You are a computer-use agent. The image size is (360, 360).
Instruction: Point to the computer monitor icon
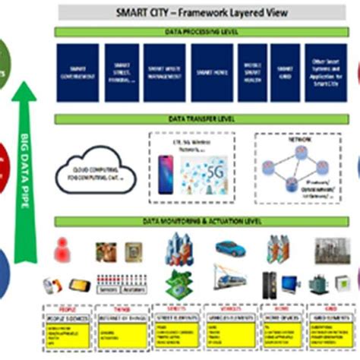point(291,283)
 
